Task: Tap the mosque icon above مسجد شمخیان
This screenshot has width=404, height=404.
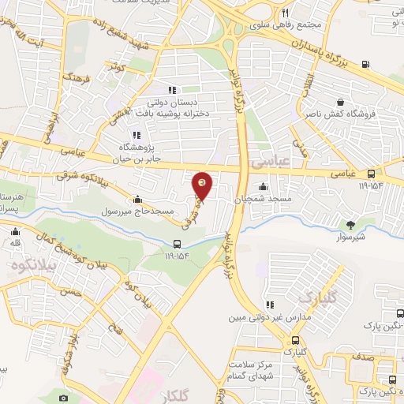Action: (x=262, y=187)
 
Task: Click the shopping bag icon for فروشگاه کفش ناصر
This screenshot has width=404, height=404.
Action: (x=340, y=101)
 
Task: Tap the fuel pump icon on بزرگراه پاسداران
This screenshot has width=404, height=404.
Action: (x=365, y=65)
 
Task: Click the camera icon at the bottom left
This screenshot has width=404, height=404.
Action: (x=63, y=398)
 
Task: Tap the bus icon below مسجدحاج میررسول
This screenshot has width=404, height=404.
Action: (x=177, y=244)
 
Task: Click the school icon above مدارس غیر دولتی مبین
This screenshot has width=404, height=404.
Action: (x=271, y=303)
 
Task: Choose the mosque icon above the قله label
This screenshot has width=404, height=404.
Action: (x=14, y=232)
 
